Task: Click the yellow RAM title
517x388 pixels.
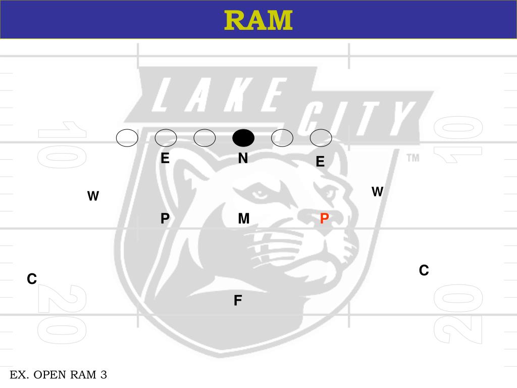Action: coord(258,20)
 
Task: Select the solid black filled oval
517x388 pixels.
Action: coord(243,137)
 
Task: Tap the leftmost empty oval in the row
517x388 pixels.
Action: coord(127,137)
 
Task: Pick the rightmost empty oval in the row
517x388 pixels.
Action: coord(321,137)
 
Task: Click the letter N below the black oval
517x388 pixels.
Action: coord(243,159)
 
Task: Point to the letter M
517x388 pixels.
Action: coord(244,219)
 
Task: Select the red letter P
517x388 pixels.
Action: coord(325,219)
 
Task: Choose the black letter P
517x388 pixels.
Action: coord(165,219)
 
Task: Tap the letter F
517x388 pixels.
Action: coord(238,301)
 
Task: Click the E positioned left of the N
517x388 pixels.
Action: coord(165,159)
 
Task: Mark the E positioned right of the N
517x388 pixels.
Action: coord(320,162)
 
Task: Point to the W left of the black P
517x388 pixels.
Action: coord(93,197)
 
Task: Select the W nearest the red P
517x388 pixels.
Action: coord(378,192)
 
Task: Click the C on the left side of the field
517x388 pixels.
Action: coord(32,279)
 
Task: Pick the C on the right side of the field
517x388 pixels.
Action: coord(424,271)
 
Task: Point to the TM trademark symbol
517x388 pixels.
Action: coord(413,158)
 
